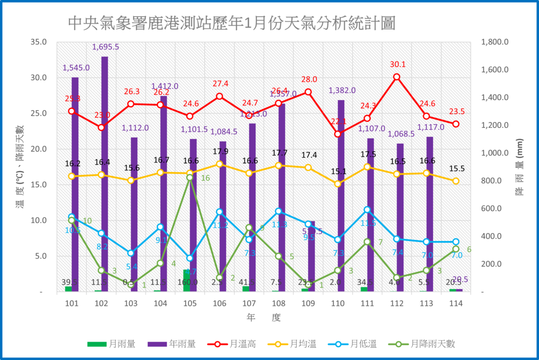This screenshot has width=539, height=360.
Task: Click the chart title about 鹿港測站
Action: point(232,23)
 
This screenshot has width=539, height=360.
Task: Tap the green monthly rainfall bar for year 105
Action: point(186,281)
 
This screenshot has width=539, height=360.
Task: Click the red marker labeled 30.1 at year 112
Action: point(397,77)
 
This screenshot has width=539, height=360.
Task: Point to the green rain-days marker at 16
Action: point(190,177)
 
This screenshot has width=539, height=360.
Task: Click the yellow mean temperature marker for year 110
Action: point(338,184)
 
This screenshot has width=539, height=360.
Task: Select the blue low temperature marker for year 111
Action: point(367,209)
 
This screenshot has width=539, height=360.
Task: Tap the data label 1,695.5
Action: point(105,47)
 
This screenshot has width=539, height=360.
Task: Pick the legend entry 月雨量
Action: point(111,344)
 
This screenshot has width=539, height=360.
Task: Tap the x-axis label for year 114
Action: point(456,304)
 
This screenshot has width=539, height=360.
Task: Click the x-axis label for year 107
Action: point(249,304)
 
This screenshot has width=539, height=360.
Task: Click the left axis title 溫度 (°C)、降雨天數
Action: point(19,167)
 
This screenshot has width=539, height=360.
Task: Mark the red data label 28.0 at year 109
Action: point(309,79)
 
